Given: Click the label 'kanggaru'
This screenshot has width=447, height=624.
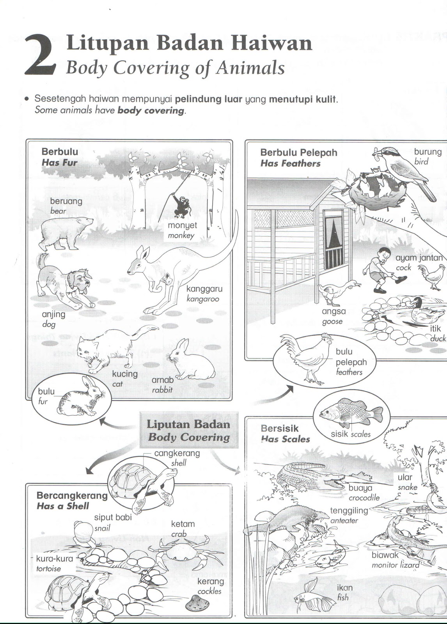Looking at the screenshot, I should pyautogui.click(x=204, y=289).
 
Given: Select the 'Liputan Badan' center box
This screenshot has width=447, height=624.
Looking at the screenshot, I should pyautogui.click(x=189, y=430).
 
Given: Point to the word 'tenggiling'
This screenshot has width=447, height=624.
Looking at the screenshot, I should pyautogui.click(x=349, y=511).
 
